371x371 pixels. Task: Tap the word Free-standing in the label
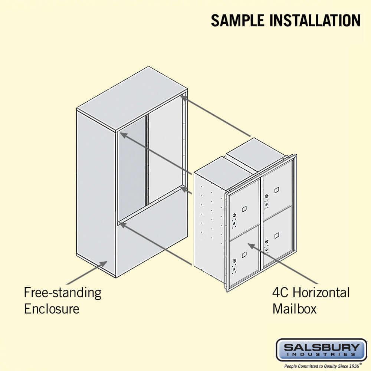point(62,293)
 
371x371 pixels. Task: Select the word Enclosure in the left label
point(52,308)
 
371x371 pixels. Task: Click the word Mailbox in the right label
point(295,308)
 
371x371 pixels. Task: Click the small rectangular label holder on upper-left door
point(244,209)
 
